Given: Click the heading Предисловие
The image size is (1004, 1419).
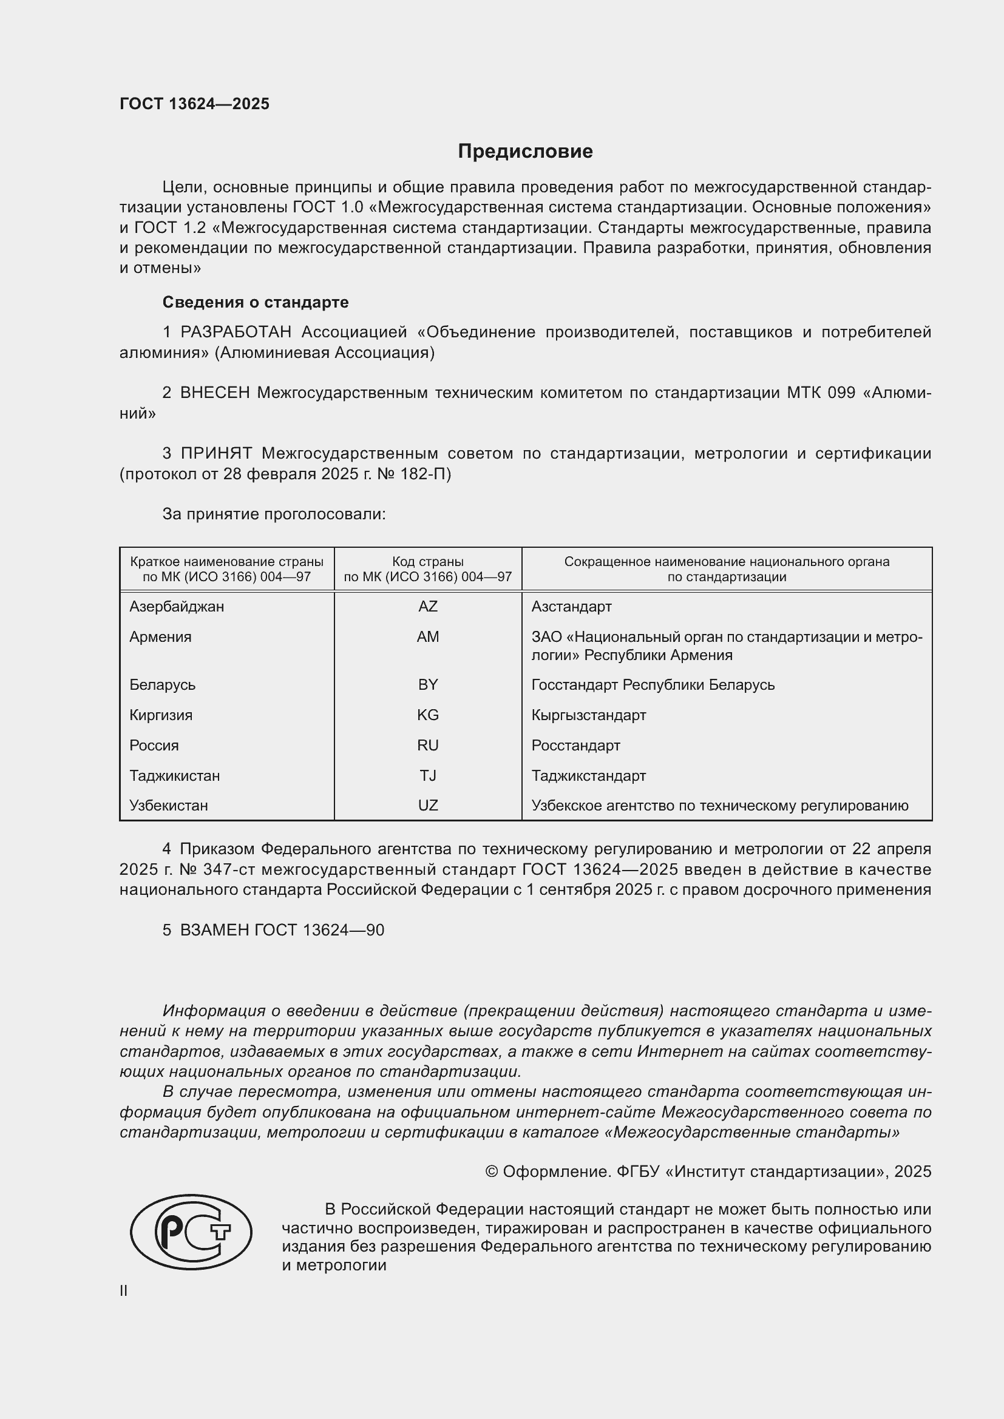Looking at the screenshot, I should (x=525, y=152).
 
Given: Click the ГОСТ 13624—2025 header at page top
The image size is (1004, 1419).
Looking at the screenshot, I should (x=194, y=104).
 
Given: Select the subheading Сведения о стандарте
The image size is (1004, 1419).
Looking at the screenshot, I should (x=256, y=302).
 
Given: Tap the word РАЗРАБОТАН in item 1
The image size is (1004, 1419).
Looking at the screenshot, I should (x=236, y=332).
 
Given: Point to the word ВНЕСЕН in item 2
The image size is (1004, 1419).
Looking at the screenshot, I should (x=214, y=393).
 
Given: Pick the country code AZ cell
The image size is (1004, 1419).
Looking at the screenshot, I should (x=427, y=606).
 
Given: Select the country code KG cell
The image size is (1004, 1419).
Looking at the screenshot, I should (x=427, y=715).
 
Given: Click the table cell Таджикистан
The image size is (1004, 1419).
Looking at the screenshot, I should (x=174, y=776).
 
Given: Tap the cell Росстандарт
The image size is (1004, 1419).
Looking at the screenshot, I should (x=575, y=746).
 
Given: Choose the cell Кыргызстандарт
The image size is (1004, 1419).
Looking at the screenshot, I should (x=589, y=715).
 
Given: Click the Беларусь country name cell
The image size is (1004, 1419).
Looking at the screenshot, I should (x=162, y=685).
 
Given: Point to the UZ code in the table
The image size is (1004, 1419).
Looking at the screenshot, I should (x=427, y=806).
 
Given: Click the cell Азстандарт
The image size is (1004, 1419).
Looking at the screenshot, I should (x=571, y=606).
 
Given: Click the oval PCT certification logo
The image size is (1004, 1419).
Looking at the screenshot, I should (x=191, y=1232).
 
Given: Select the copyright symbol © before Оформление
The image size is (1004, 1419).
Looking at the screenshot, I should (x=492, y=1172).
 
